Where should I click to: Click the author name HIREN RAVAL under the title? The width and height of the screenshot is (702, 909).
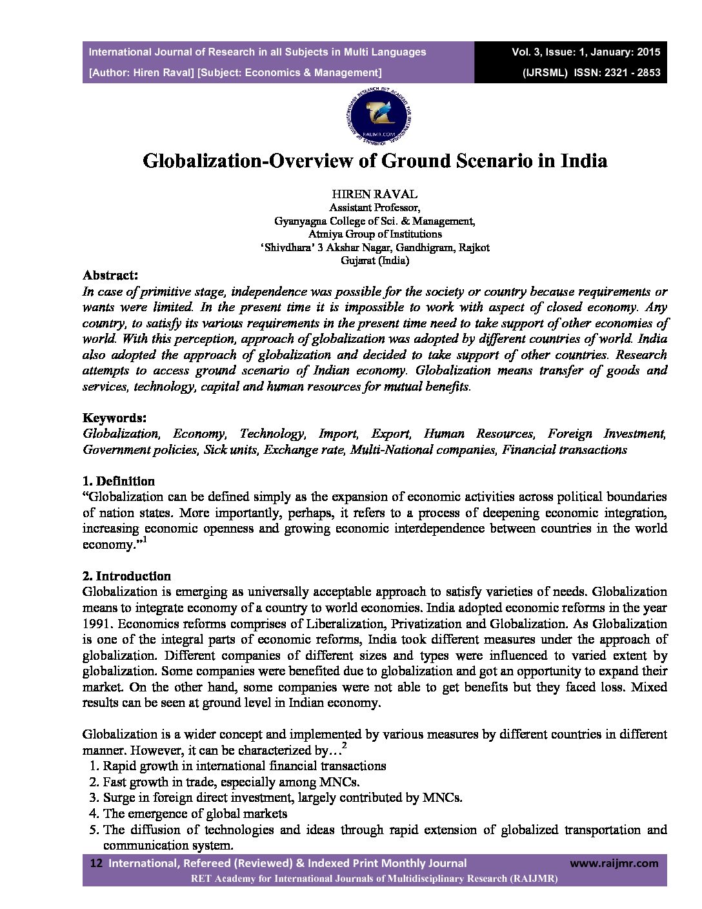375,194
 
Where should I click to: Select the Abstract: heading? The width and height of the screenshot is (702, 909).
110,275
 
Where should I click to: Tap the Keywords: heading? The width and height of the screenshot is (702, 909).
114,418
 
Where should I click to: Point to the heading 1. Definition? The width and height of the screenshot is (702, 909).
119,481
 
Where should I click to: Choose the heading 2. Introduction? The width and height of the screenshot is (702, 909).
126,576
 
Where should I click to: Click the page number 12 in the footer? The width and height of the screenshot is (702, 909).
97,863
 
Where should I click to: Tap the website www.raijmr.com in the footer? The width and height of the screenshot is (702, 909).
614,863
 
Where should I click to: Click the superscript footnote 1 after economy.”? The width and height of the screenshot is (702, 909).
145,540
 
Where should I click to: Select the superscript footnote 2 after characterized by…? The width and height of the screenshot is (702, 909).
344,746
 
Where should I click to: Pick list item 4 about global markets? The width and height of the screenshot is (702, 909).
195,813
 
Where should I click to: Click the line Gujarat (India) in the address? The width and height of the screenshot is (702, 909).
375,261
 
